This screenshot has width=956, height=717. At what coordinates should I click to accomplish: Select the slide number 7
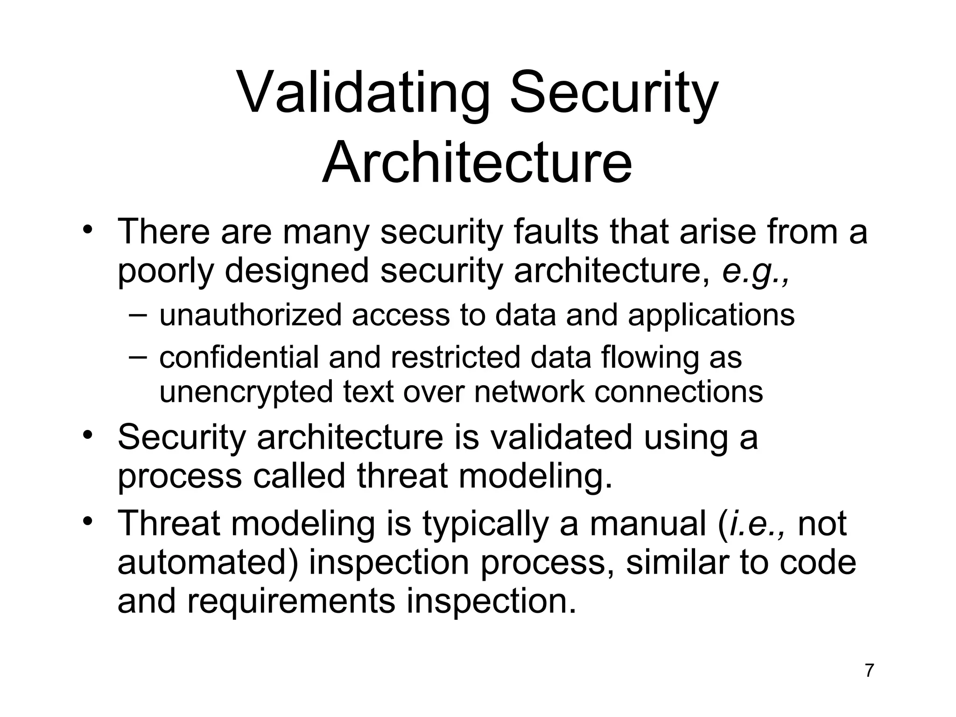click(x=869, y=670)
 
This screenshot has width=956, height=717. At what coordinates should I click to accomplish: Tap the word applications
click(x=711, y=316)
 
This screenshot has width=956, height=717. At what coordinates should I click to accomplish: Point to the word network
click(x=529, y=391)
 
